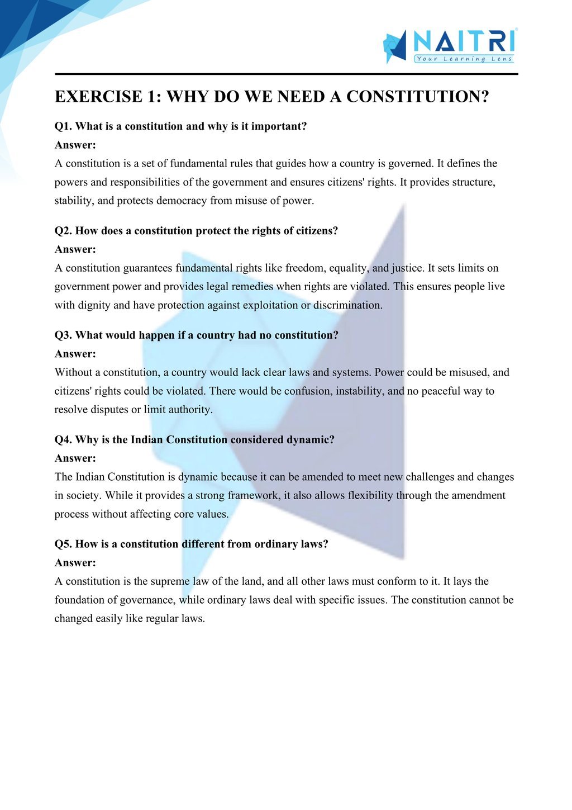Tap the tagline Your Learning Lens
click(x=464, y=59)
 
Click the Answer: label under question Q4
click(x=75, y=458)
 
